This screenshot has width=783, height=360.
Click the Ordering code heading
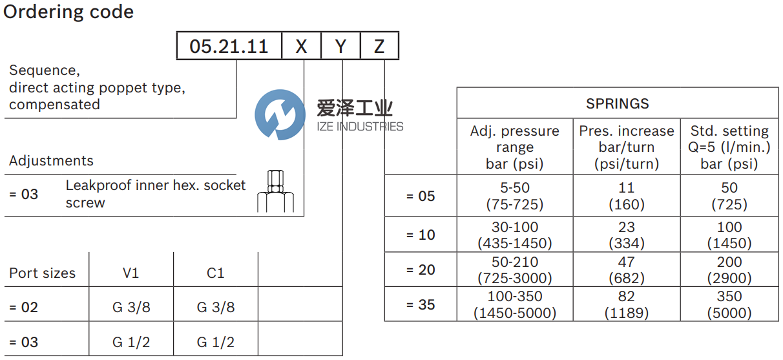[x=68, y=12]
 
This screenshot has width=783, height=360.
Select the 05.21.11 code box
[x=229, y=47]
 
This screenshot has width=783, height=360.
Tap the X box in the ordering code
[x=302, y=47]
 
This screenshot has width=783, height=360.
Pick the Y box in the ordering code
[x=341, y=47]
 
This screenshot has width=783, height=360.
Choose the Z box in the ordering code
[x=379, y=47]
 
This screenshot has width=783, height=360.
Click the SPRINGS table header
[x=617, y=103]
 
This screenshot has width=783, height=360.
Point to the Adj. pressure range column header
[x=514, y=147]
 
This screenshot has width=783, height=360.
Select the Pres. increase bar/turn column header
[x=626, y=147]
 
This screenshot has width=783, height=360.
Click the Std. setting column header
[x=729, y=147]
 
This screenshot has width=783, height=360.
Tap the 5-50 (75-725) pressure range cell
[x=514, y=196]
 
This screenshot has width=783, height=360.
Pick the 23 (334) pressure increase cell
[x=626, y=235]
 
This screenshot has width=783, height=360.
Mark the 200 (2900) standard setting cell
[x=729, y=270]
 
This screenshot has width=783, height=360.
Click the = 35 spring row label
[x=421, y=304]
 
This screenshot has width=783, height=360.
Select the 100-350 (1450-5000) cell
[x=514, y=305]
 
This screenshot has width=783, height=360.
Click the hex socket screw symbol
[x=275, y=192]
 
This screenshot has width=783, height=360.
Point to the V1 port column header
[x=131, y=273]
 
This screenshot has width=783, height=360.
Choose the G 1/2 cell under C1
[x=215, y=342]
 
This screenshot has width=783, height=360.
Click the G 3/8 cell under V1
[x=131, y=308]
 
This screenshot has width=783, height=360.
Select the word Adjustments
[x=51, y=161]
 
